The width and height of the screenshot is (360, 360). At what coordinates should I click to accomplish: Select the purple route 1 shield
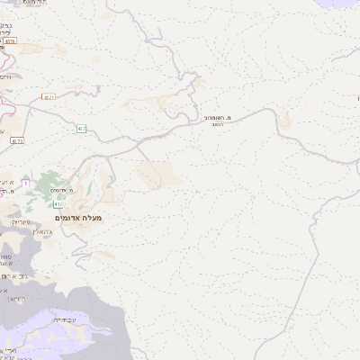(25, 184)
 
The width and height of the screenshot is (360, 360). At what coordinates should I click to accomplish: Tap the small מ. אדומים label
(61, 191)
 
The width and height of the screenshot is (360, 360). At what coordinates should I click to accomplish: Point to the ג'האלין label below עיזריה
(22, 231)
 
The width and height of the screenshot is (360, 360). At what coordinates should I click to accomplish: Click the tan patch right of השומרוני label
(284, 121)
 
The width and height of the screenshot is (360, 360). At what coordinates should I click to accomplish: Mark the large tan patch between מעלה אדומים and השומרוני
(157, 173)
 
